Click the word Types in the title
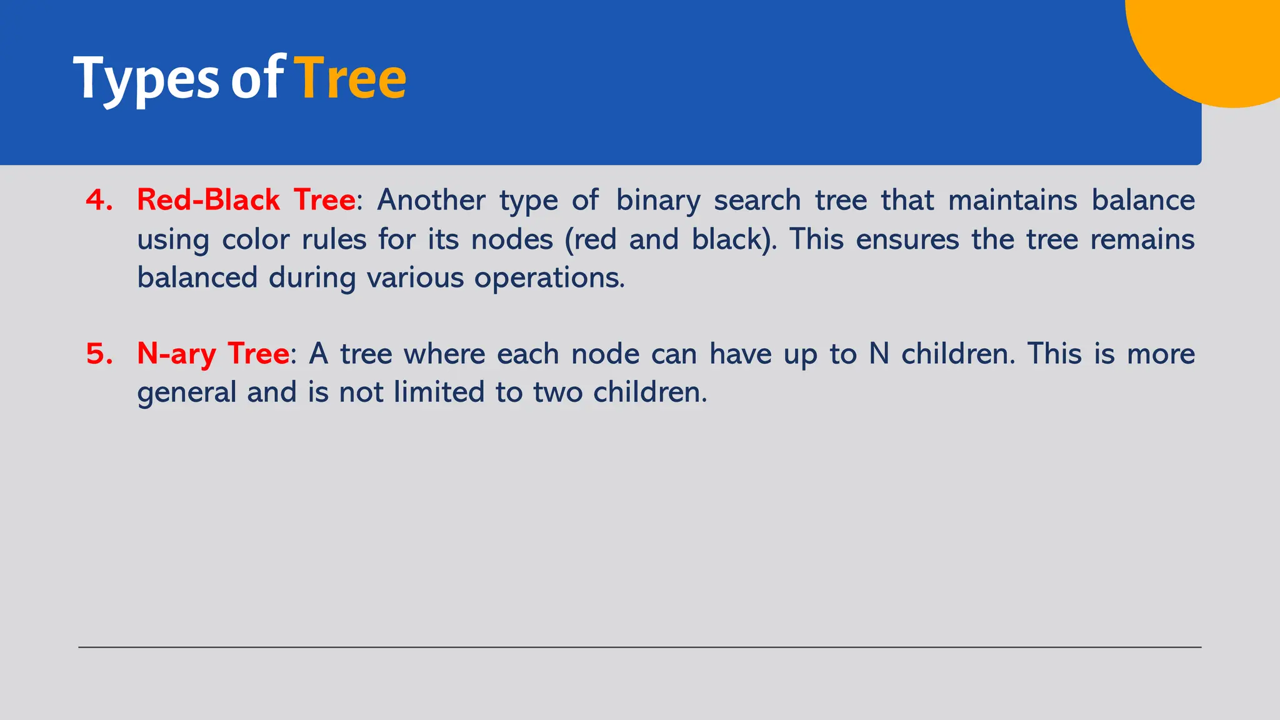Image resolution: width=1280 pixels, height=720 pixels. point(146,79)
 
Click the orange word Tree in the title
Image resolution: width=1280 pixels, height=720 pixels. point(350,79)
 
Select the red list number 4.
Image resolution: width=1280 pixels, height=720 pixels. point(99,200)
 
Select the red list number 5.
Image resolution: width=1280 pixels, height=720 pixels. point(99,354)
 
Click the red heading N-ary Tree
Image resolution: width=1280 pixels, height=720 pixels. point(212,354)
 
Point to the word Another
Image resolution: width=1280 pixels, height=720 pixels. point(431,200)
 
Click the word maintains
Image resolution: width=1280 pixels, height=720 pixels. point(1012,200)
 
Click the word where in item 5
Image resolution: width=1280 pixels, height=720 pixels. point(444,354)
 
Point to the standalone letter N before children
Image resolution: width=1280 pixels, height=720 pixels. point(879,354)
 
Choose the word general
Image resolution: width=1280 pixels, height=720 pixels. point(186,393)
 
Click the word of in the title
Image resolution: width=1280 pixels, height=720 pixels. point(256,79)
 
